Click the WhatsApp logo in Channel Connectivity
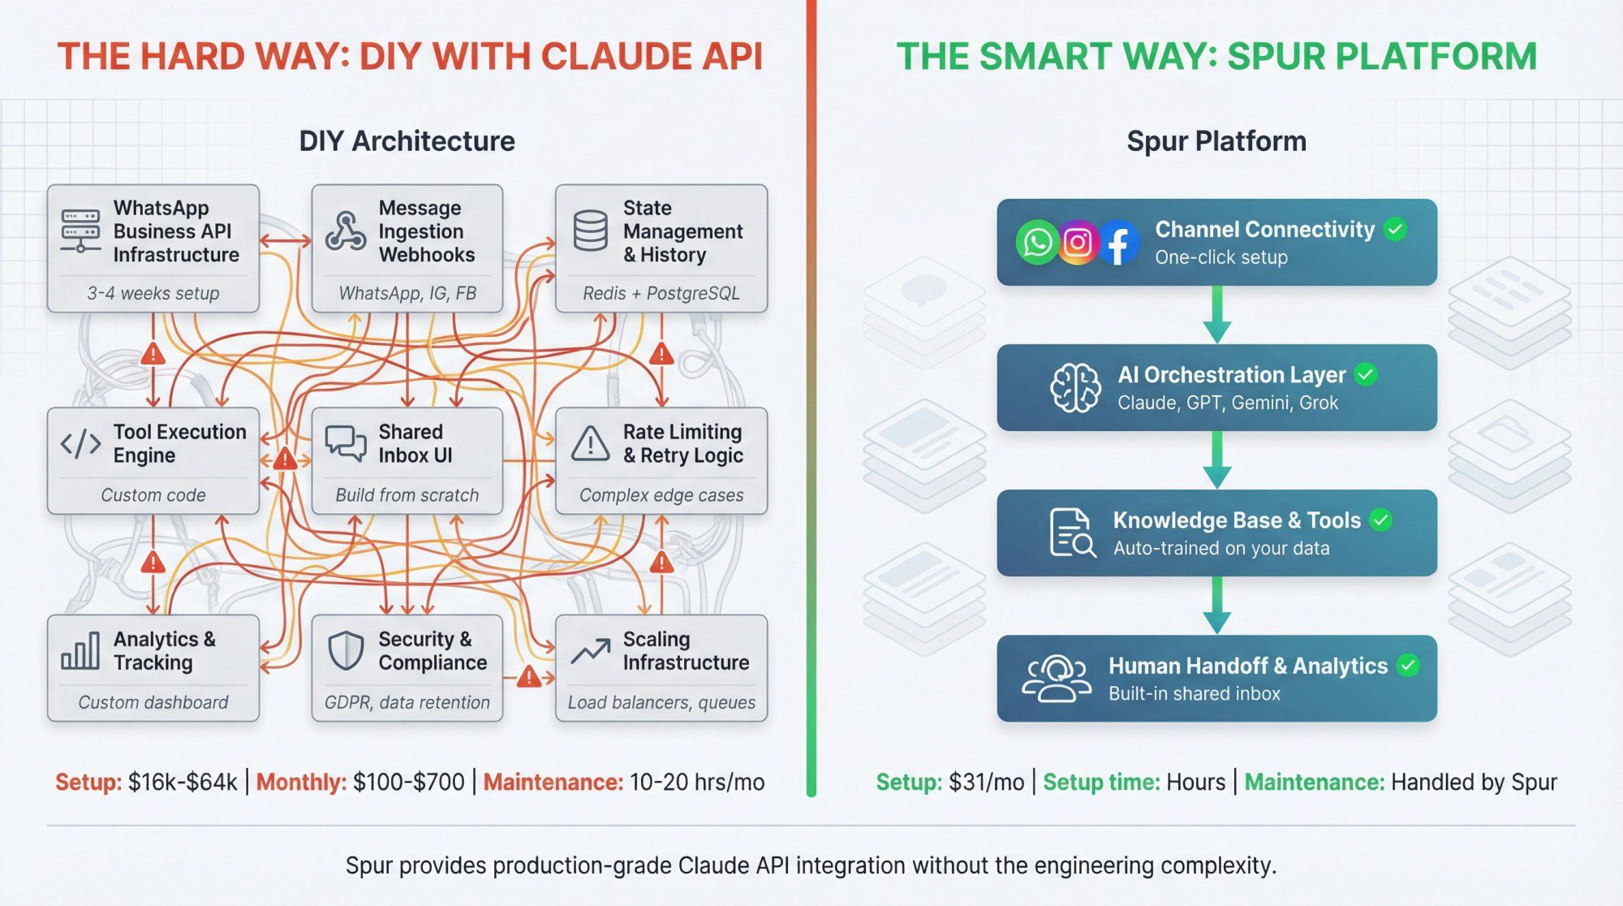point(1037,242)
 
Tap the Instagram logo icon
point(1078,242)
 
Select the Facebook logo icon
point(1118,243)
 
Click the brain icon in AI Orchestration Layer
point(1075,387)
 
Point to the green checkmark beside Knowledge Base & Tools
point(1380,520)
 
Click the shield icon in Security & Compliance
point(346,651)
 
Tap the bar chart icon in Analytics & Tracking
point(80,651)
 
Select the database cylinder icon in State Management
point(590,231)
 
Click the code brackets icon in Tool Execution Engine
point(81,444)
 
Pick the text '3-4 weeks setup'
point(153,293)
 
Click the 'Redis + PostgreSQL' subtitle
point(661,293)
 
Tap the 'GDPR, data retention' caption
point(407,702)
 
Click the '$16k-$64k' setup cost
point(183,782)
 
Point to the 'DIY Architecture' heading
point(407,140)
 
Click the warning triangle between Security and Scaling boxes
point(529,676)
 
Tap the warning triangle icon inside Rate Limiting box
point(590,444)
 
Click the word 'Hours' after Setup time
point(1195,782)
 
